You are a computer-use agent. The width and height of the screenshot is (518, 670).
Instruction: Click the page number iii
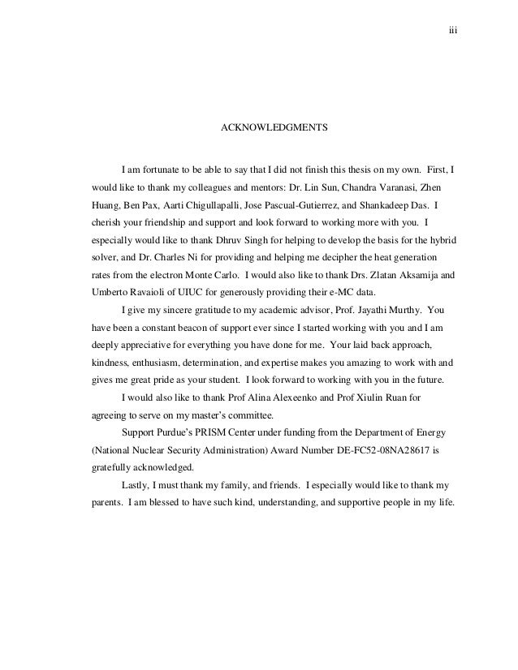coord(454,32)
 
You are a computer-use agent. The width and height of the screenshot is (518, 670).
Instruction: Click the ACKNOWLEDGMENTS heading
coord(274,128)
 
